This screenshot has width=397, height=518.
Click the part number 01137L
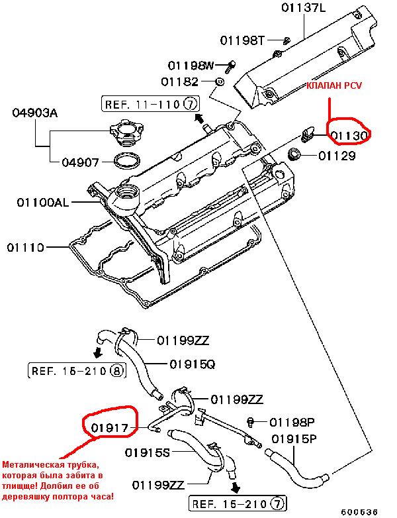click(x=303, y=8)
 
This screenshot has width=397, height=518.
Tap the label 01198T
click(x=242, y=40)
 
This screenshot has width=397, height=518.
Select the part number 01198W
click(x=191, y=66)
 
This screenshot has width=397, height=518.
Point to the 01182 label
click(x=180, y=81)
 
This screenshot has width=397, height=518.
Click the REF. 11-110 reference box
click(x=150, y=105)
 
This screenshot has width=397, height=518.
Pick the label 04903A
click(x=34, y=113)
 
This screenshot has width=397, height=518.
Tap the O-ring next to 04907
click(x=127, y=160)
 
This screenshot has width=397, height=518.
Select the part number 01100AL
click(x=43, y=202)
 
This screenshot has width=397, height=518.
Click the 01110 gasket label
click(x=25, y=247)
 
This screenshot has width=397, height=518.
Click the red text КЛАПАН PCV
click(x=334, y=85)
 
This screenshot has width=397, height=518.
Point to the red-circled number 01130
click(x=349, y=135)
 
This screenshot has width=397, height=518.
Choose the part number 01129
click(x=337, y=156)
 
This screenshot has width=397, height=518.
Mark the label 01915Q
click(x=193, y=364)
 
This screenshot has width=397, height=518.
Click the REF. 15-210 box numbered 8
click(x=77, y=371)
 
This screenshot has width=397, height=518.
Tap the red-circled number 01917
click(x=110, y=428)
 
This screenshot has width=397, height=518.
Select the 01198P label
click(x=292, y=422)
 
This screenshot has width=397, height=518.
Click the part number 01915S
click(x=147, y=452)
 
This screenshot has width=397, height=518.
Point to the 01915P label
click(x=294, y=439)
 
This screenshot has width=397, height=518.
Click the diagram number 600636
click(x=359, y=512)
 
